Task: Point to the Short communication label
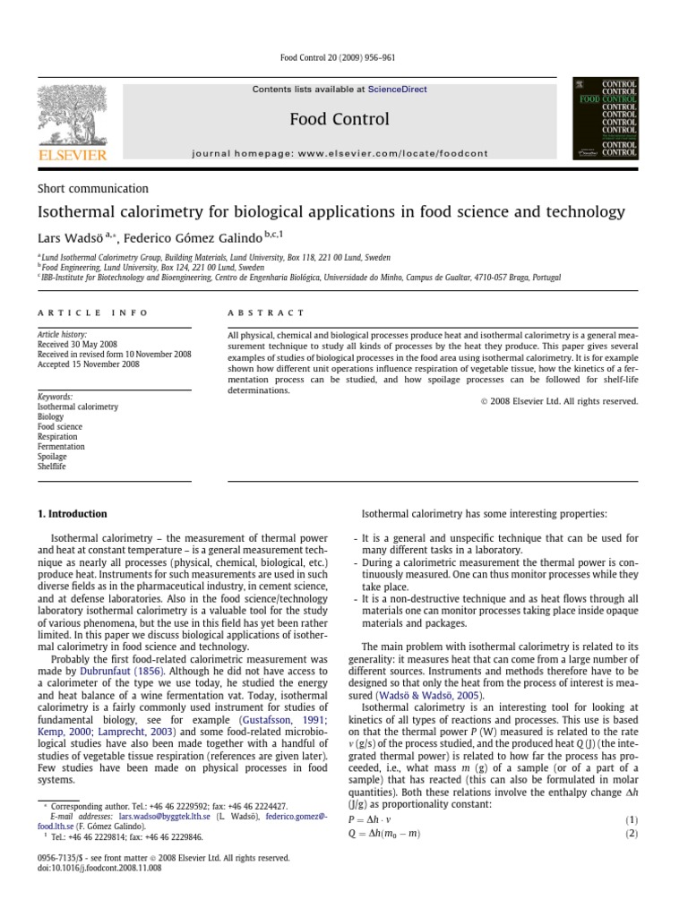(92, 189)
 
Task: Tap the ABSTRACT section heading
(266, 313)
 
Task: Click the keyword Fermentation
(61, 446)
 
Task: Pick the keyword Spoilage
(52, 456)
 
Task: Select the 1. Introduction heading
(72, 514)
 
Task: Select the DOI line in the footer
(99, 868)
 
